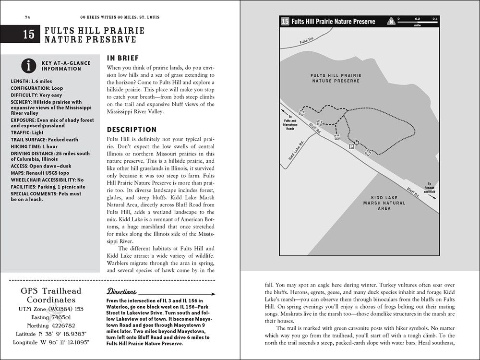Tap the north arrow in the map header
pos(392,21)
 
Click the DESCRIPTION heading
pos(132,129)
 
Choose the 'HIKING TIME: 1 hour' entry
pos(34,146)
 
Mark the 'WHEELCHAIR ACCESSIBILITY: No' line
pos(47,180)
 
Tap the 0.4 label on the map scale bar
pos(435,19)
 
